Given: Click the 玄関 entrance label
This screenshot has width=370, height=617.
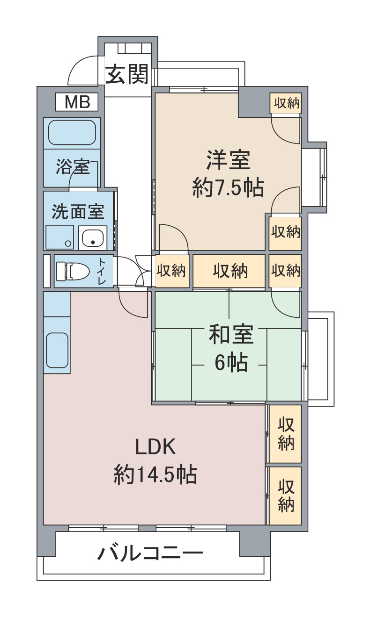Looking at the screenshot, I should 126,74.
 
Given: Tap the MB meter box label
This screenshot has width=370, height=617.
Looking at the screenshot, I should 77,102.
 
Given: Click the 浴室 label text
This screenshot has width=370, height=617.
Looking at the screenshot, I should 73,167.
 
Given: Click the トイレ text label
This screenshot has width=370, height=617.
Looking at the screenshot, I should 102,271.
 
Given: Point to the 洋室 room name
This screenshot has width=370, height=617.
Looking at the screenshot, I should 228,161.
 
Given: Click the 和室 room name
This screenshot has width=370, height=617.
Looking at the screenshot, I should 231,335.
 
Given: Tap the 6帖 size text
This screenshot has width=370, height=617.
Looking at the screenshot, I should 231,362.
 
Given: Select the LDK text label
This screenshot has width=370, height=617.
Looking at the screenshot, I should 155,448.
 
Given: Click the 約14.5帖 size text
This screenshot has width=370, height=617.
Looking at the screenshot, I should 155,475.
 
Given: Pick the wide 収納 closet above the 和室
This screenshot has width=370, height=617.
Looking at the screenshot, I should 230,271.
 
